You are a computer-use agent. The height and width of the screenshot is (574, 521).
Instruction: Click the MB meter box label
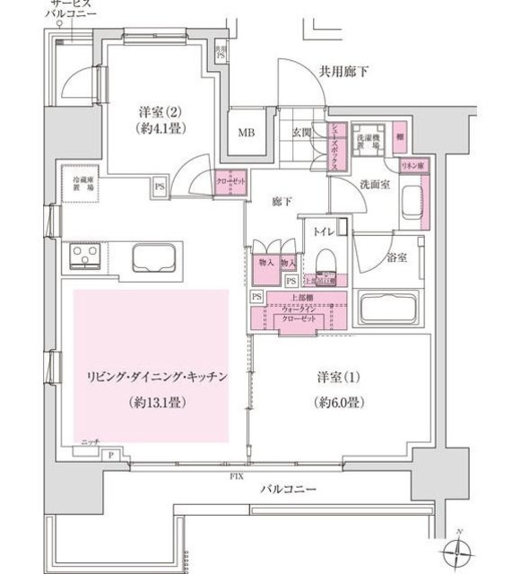pyautogui.click(x=245, y=133)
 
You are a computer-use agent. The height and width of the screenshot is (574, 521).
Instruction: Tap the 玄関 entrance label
pyautogui.click(x=300, y=133)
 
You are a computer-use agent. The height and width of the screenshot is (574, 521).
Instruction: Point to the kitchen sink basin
pyautogui.click(x=158, y=258)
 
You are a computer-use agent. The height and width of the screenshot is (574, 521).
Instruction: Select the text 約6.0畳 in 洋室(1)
pyautogui.click(x=338, y=402)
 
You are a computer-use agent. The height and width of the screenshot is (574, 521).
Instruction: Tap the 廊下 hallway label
pyautogui.click(x=282, y=203)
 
